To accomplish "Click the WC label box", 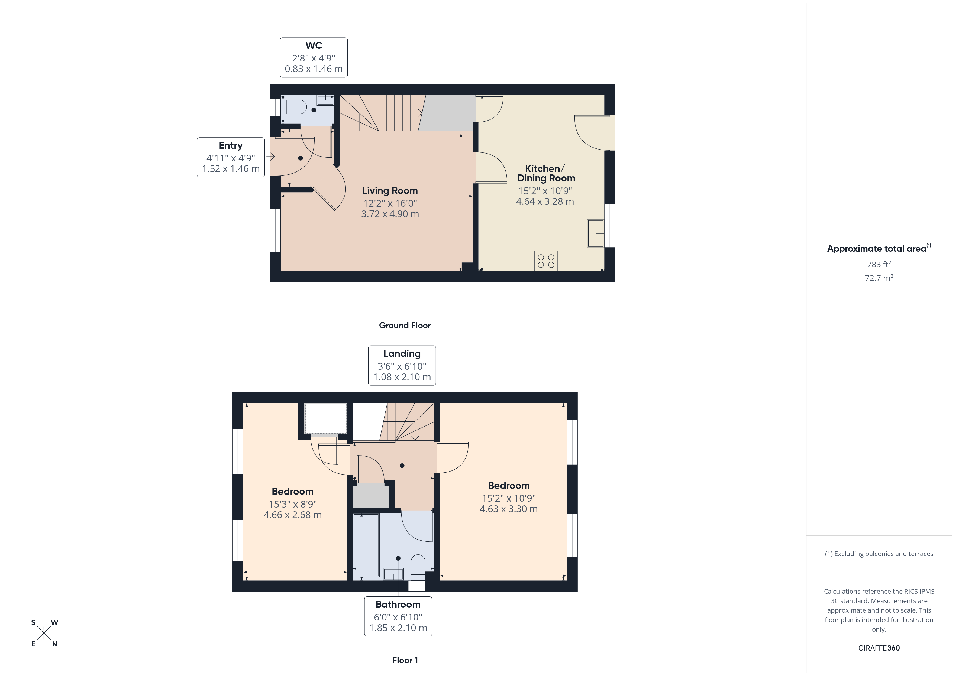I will [x=314, y=57].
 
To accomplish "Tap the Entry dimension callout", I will [x=231, y=157].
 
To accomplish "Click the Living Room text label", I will [x=390, y=191].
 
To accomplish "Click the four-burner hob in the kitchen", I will [x=545, y=261].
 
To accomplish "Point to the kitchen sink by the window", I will [x=595, y=233].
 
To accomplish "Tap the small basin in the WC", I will [x=325, y=100].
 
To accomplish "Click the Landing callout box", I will [x=402, y=365].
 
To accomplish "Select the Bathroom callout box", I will [x=398, y=616].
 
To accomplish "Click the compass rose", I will [x=44, y=633].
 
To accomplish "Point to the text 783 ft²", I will [x=879, y=264].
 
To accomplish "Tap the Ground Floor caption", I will [x=405, y=326].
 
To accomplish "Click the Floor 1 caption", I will [x=405, y=660].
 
